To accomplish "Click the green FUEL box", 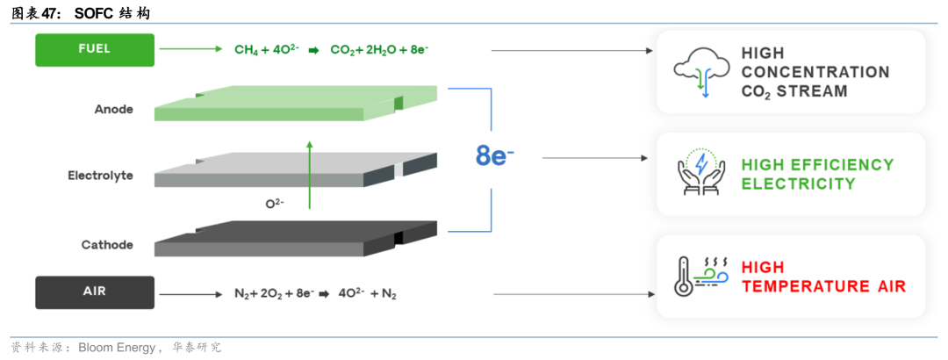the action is click(95, 50).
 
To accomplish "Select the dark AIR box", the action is click(95, 292).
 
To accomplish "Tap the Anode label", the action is click(113, 110).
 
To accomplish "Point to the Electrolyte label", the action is click(100, 176).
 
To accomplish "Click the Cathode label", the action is click(107, 245).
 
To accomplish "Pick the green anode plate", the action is click(296, 104).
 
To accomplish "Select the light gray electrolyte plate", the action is click(296, 170).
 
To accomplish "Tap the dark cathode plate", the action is click(296, 238).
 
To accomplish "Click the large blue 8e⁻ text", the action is click(494, 155).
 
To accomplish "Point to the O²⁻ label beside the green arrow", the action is click(275, 204).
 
